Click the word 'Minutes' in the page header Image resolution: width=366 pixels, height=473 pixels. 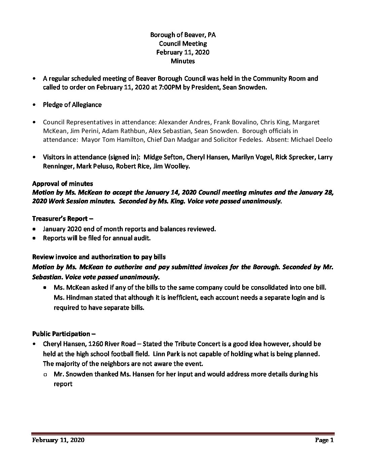(183, 61)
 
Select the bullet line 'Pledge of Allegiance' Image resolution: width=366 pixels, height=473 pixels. (72, 104)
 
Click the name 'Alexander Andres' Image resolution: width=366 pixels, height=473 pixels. (181, 122)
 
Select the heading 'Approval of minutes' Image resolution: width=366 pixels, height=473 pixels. (63, 184)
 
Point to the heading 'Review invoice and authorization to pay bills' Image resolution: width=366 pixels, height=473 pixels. (99, 257)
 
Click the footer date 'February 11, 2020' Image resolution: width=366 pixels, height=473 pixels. (58, 440)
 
